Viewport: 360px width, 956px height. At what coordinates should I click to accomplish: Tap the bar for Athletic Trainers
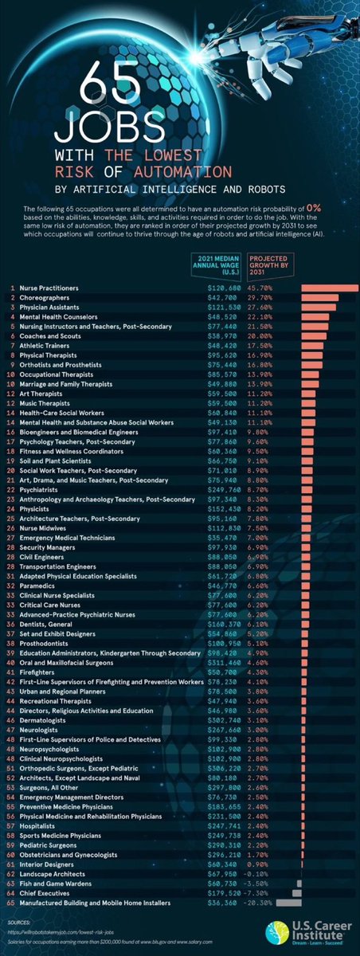pos(314,346)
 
